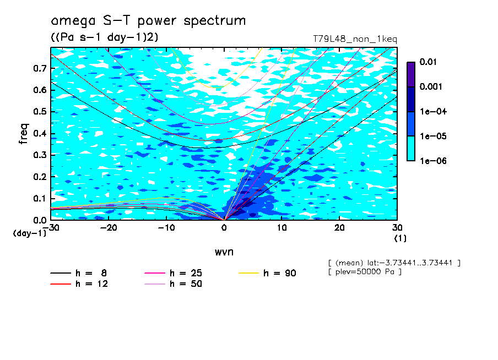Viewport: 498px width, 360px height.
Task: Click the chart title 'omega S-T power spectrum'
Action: (x=148, y=21)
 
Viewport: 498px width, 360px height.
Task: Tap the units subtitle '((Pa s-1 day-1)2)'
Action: (x=105, y=37)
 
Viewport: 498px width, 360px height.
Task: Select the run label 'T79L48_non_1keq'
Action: (x=355, y=39)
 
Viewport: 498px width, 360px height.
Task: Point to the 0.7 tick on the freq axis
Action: (x=40, y=68)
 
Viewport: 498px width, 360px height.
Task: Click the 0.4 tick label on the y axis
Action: (x=40, y=133)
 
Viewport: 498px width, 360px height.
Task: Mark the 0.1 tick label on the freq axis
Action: (x=40, y=198)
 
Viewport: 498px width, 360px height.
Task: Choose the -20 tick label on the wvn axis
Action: (x=109, y=228)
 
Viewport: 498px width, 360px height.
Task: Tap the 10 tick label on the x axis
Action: (x=282, y=228)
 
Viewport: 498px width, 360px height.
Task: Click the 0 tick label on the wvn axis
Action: (x=224, y=228)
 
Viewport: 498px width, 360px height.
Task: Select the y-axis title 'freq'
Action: (x=24, y=134)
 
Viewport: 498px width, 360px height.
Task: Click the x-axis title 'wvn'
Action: (x=224, y=252)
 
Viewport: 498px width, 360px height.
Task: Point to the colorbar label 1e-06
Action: (x=433, y=161)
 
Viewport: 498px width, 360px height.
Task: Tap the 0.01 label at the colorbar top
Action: (x=428, y=62)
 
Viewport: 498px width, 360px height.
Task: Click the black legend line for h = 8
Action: (x=61, y=273)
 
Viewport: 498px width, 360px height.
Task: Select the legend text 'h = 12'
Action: (x=91, y=283)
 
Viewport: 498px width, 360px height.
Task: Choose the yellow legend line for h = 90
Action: (x=248, y=273)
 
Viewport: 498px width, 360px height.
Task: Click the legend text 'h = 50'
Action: (x=186, y=283)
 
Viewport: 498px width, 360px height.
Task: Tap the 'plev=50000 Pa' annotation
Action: (x=365, y=272)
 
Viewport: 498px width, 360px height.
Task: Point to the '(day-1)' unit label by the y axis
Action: (x=29, y=233)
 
